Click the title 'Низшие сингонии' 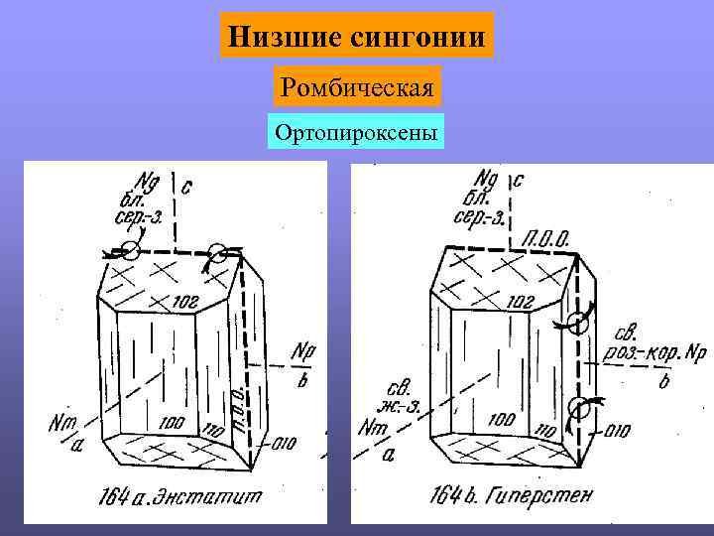[x=357, y=37]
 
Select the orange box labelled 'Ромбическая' [x=357, y=89]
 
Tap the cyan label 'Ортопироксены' [x=357, y=132]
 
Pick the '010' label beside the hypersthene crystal [x=617, y=431]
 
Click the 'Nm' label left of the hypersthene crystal [x=373, y=428]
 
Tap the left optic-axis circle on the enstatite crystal [x=131, y=249]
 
